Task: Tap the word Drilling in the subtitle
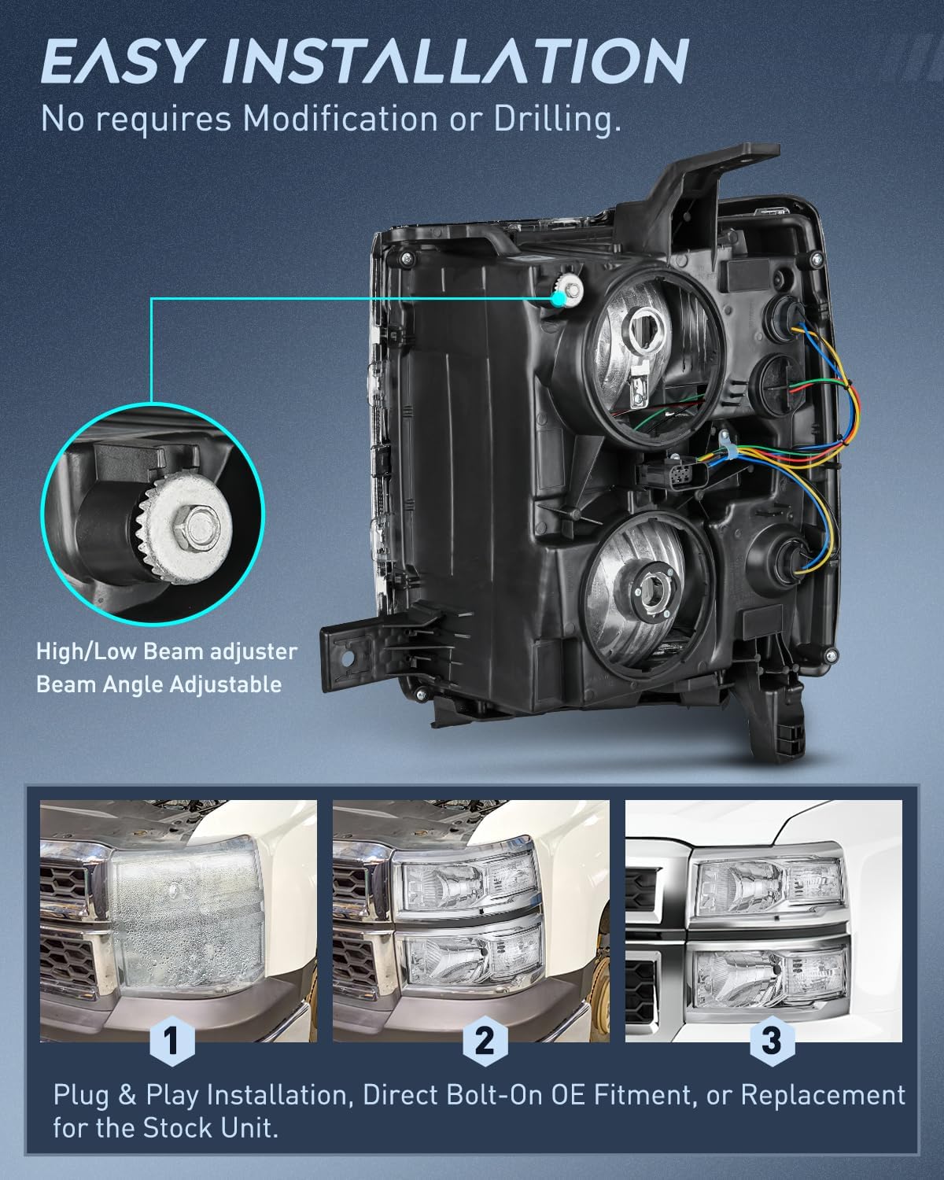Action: (558, 120)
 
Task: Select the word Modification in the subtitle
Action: (340, 119)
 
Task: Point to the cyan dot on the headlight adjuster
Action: (559, 297)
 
